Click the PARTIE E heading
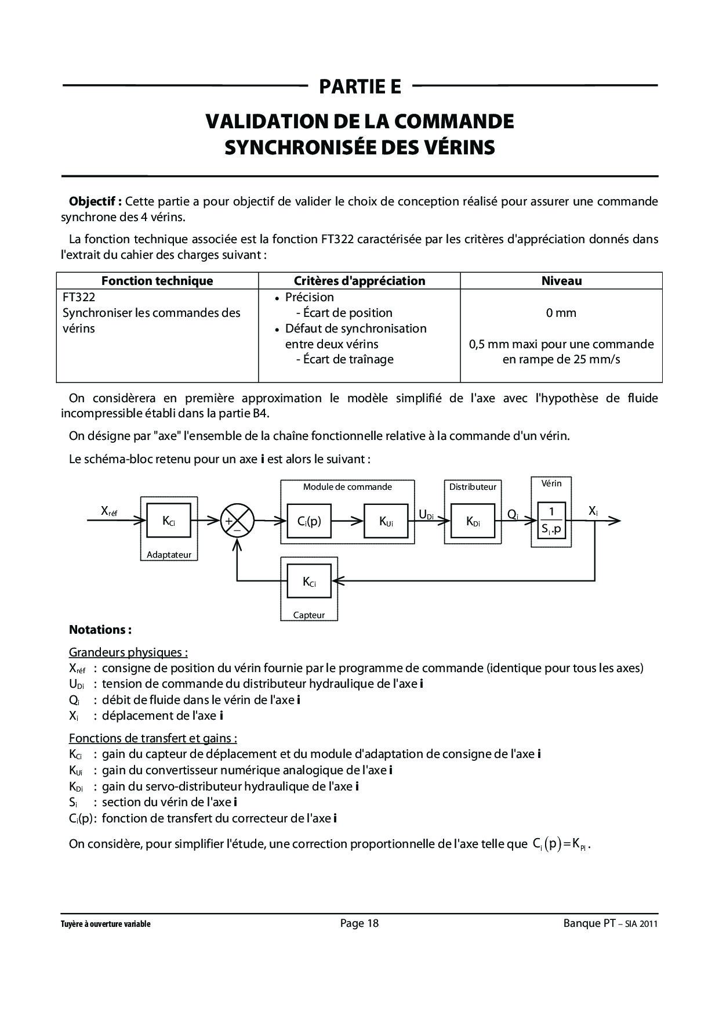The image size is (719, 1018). (359, 86)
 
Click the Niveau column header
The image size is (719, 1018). (561, 281)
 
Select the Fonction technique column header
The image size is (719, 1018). (157, 281)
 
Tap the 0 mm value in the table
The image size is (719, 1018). (561, 313)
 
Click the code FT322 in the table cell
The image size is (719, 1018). (79, 297)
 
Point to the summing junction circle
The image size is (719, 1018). (237, 520)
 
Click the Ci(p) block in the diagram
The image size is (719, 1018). (309, 521)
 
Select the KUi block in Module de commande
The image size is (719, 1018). (386, 521)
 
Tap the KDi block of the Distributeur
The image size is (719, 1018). (473, 521)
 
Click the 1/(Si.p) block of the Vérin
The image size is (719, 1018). (551, 520)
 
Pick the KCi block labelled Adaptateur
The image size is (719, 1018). (169, 521)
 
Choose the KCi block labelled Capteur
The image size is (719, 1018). (309, 581)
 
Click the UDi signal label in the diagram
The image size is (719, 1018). (426, 514)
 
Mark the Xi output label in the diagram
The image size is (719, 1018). (593, 511)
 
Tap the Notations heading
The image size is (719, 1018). (100, 630)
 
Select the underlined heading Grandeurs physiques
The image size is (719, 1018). (128, 652)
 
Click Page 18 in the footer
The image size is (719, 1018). (359, 923)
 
